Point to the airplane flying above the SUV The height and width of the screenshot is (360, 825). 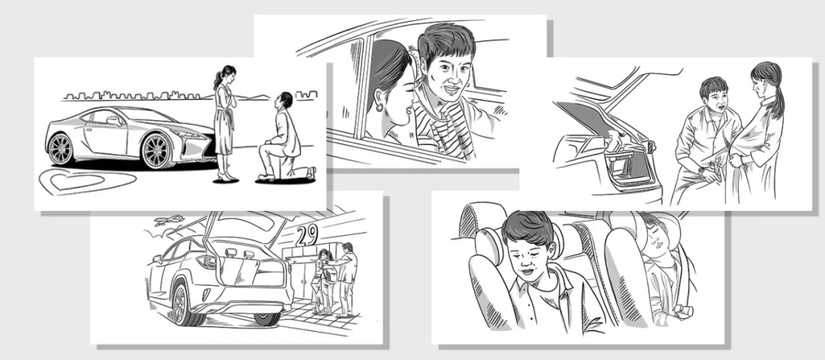(x=170, y=219)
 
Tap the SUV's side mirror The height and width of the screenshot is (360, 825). (x=157, y=259)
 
